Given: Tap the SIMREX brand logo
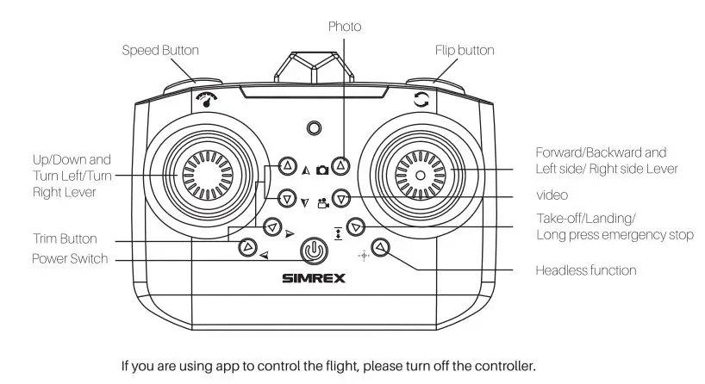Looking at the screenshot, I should pos(313,278).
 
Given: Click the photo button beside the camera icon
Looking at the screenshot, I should pos(341,164).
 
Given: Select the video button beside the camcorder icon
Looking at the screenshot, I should pos(341,198).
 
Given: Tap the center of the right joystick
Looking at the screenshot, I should pos(420,175).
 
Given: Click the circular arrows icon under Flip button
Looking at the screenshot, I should pos(421,100).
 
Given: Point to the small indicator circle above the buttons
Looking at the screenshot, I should pos(315,128).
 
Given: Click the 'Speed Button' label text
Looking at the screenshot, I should pos(159,51).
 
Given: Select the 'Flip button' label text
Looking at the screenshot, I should pos(465,51).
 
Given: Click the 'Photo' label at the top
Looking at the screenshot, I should pos(344,27).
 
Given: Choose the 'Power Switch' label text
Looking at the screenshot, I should pos(71,258).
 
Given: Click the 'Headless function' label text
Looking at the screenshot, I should pos(586,270).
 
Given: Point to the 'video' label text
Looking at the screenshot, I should pos(552,196).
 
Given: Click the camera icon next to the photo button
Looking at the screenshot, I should pos(321,170).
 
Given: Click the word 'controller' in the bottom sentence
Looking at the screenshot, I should pos(503,366).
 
